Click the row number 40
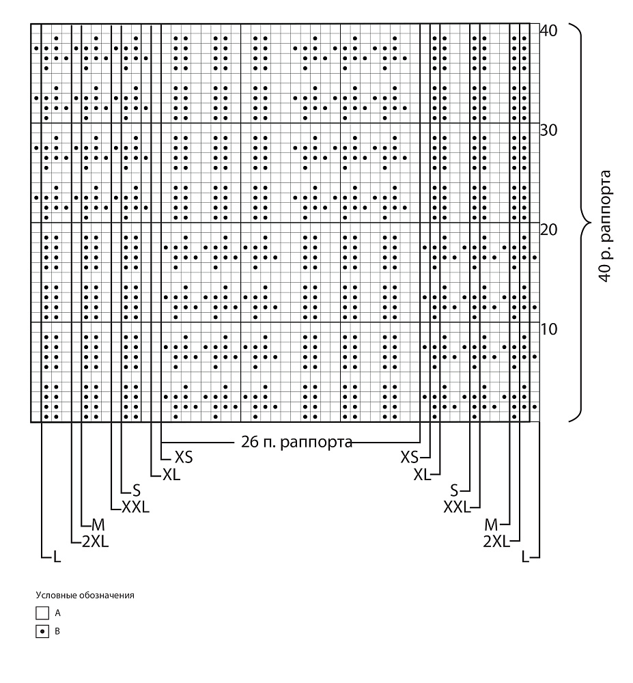click(x=548, y=31)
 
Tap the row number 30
click(x=548, y=130)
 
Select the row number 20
click(x=548, y=229)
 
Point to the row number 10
click(x=548, y=329)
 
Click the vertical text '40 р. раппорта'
click(x=605, y=226)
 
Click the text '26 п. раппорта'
click(x=296, y=442)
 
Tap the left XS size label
click(x=183, y=458)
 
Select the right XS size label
click(x=409, y=458)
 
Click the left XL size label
click(x=171, y=475)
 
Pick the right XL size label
click(x=422, y=475)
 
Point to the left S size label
click(x=137, y=491)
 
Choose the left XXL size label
click(x=135, y=507)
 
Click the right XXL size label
click(x=457, y=507)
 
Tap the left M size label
click(x=98, y=525)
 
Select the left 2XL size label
click(x=96, y=542)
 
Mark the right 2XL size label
click(x=496, y=542)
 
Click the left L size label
click(x=57, y=557)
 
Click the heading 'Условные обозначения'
click(x=85, y=595)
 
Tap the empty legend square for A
click(x=42, y=613)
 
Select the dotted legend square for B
click(x=42, y=631)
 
